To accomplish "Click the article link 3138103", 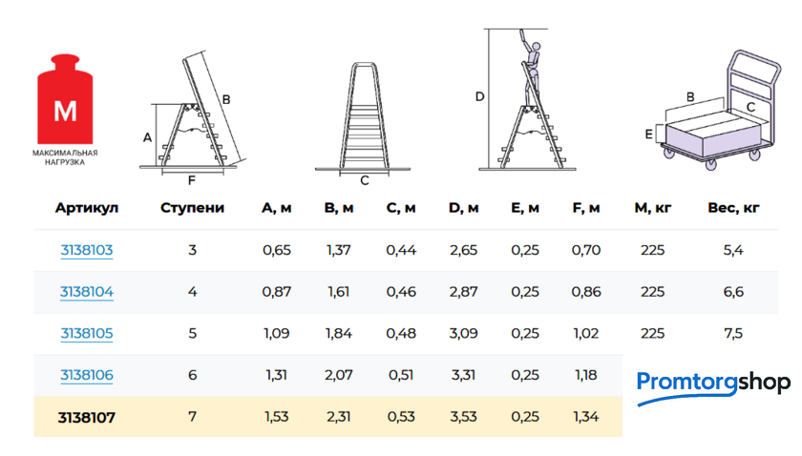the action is coord(87,250).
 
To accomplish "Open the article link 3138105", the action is coord(87,333).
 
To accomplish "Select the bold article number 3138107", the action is coord(87,417).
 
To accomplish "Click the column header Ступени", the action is coord(192,208).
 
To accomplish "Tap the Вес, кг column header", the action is coord(733,208).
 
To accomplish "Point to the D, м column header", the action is coord(463,208).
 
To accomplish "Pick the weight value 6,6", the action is coord(733,292).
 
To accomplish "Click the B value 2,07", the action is coord(339,375).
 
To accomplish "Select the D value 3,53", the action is coord(463,417).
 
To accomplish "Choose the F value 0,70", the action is coord(586,250).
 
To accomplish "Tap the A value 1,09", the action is coord(277,333).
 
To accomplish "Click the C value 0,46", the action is coord(401,292).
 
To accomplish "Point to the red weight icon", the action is coord(65,99).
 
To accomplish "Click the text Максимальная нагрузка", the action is coord(65,157).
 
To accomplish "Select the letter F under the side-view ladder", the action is coord(192,180).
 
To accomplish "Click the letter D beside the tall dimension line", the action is coord(479,96).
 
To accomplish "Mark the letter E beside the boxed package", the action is coord(648,134).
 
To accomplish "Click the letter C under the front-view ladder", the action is coord(365,180).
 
